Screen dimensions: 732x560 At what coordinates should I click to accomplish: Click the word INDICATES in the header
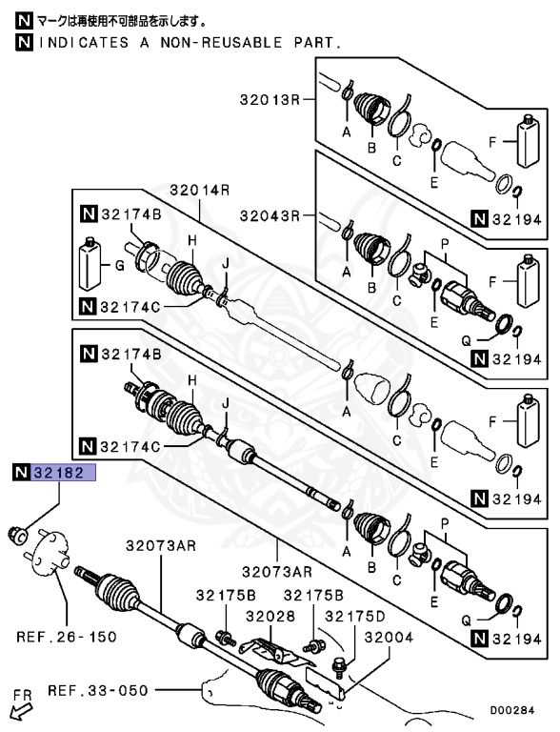point(77,42)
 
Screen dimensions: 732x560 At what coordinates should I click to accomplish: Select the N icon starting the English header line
point(22,42)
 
